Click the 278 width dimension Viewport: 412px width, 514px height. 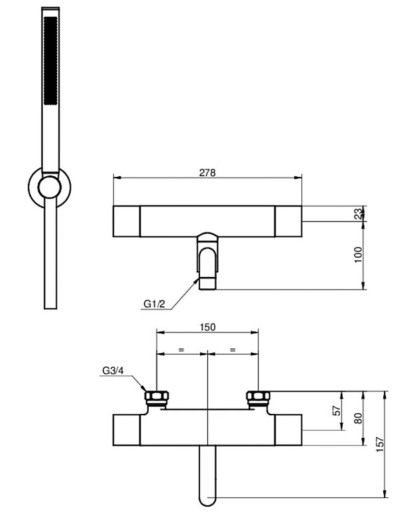(207, 172)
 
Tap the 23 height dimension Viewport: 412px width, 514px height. (358, 214)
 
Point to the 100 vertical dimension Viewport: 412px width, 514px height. (358, 255)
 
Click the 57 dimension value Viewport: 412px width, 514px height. (337, 410)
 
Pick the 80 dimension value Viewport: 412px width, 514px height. (358, 419)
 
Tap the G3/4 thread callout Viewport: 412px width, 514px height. (114, 371)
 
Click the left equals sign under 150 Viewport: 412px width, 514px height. (181, 350)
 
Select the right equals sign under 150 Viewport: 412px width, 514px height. (233, 350)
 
